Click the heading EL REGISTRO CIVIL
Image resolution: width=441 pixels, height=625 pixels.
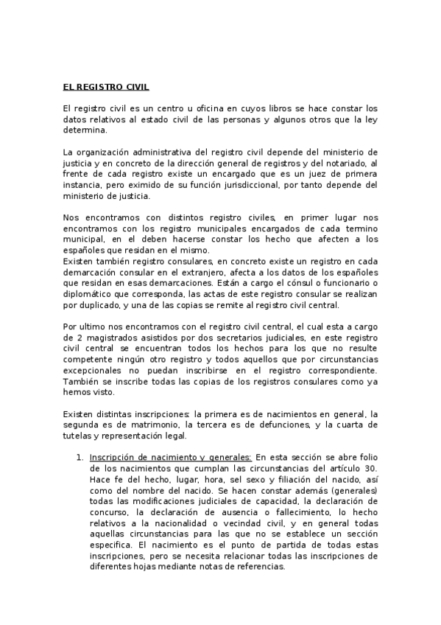106,87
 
